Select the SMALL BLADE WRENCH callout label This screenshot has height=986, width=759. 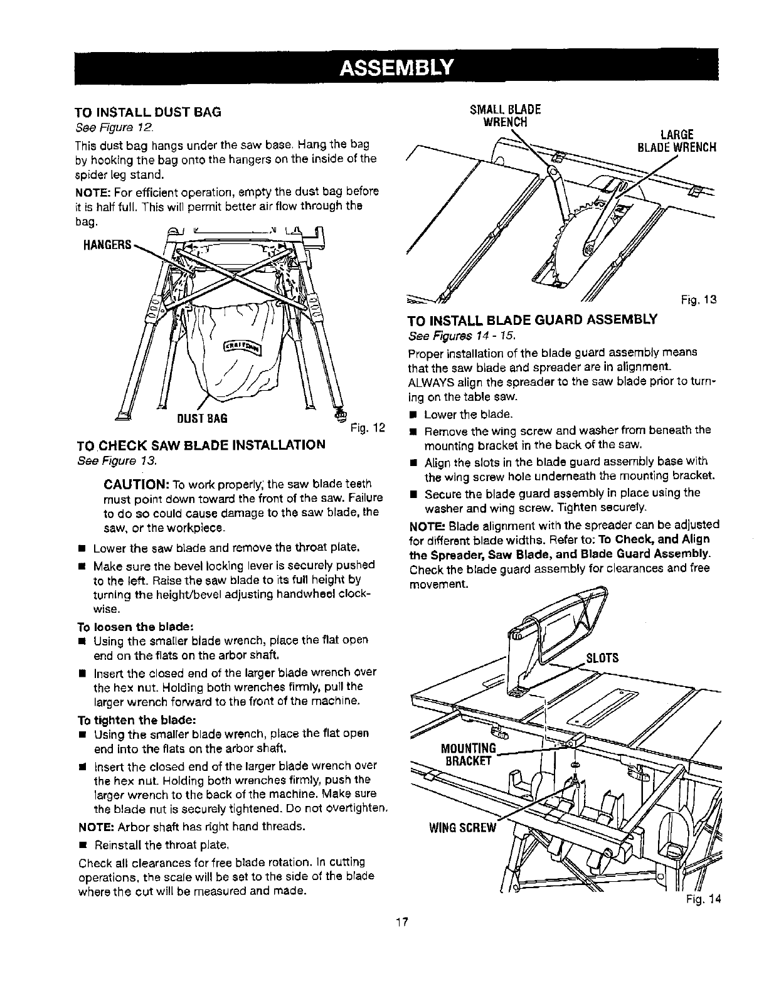pos(505,113)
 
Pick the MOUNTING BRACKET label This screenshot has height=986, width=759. pos(469,754)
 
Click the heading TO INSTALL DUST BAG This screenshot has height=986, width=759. pos(147,113)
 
